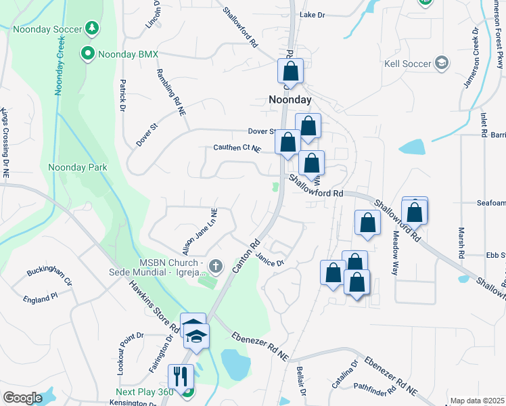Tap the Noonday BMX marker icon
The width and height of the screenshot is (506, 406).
87,53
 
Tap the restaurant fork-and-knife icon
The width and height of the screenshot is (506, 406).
181,375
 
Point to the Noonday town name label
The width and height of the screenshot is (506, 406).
290,99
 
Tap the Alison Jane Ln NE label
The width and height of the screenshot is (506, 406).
198,231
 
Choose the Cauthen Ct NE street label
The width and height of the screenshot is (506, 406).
237,148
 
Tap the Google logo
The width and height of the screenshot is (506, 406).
22,397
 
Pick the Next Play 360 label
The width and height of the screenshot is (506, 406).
143,392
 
